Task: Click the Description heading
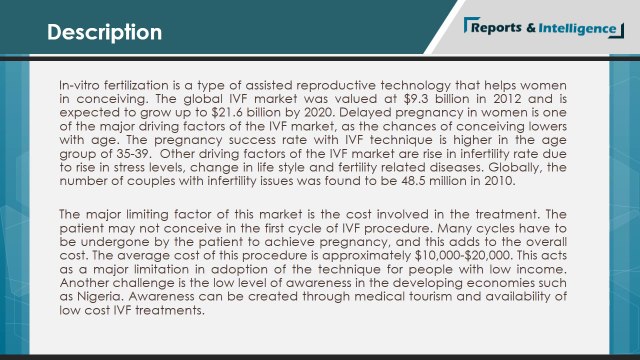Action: [105, 32]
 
